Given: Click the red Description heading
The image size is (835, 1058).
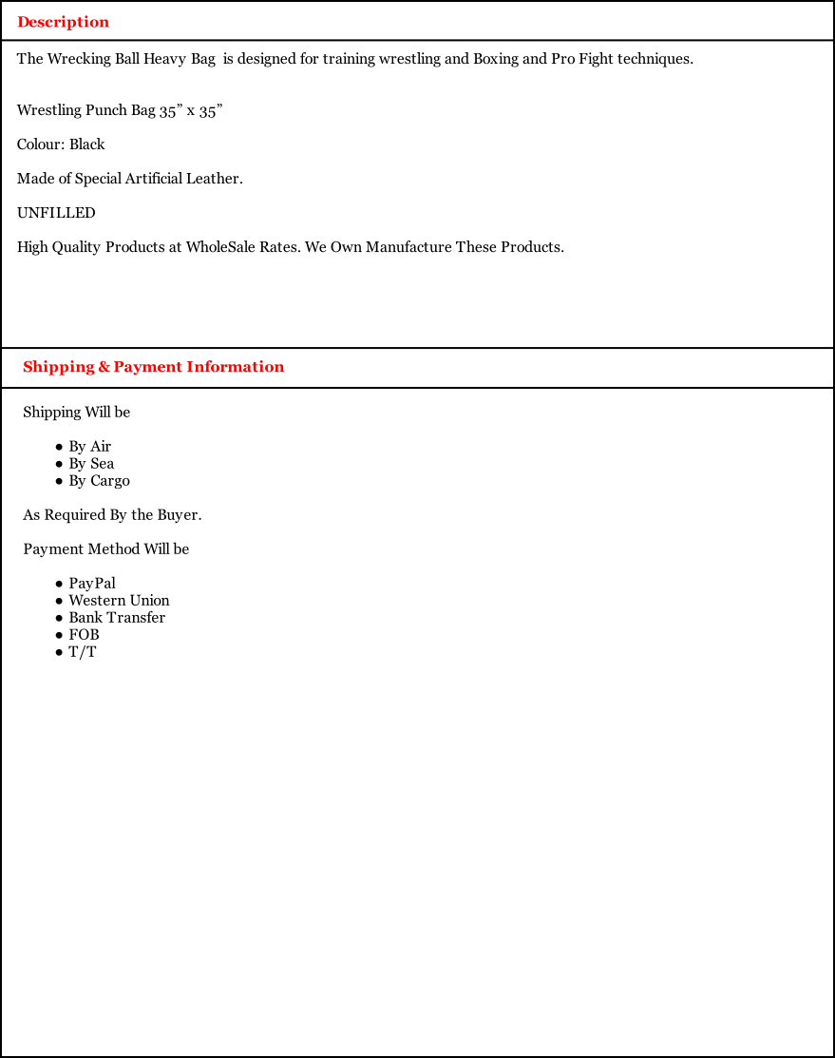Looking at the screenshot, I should (63, 22).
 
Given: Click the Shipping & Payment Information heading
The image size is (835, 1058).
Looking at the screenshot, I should (153, 367).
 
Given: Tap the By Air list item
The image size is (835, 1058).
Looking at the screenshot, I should (89, 447).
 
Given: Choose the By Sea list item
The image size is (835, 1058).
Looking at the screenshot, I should (91, 464).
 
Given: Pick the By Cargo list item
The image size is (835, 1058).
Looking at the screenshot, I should (99, 481).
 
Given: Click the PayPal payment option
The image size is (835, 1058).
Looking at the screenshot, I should (92, 584).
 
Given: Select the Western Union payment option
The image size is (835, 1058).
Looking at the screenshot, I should (119, 601).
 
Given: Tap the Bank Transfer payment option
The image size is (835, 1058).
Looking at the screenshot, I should (117, 618).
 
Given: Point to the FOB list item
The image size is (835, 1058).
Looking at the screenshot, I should (84, 635).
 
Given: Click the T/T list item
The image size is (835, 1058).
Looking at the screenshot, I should (82, 652).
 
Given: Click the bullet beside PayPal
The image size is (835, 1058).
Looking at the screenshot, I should (59, 584).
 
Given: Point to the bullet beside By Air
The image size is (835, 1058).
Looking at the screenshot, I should (59, 447).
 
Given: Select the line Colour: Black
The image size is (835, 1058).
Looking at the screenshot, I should (61, 144).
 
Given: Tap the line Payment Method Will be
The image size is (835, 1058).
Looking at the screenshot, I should (105, 549).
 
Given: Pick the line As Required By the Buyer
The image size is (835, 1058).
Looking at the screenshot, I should (112, 515).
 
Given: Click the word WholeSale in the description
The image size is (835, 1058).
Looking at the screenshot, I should (220, 247).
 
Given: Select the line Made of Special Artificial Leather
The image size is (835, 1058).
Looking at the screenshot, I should (129, 179).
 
